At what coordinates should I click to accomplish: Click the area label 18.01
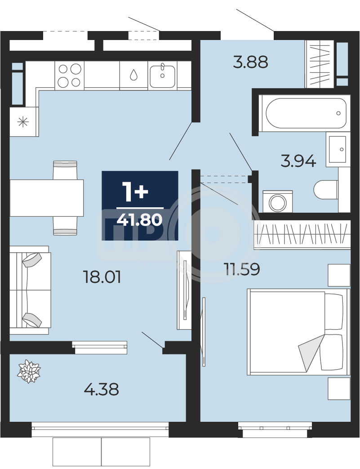tap(102, 277)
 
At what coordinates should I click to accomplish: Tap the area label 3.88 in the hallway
tap(251, 62)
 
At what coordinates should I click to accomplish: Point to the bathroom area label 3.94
tap(298, 161)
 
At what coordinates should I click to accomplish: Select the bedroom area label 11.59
tap(242, 269)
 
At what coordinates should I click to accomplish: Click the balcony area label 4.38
tap(102, 389)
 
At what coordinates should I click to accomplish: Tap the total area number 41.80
tap(140, 220)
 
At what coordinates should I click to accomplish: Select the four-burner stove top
tap(69, 76)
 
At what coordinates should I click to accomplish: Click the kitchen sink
tap(162, 76)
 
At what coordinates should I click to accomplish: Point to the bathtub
tap(304, 113)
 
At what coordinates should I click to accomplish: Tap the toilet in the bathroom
tap(326, 190)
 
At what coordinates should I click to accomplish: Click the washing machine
tap(277, 201)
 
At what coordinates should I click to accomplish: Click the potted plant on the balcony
tap(29, 371)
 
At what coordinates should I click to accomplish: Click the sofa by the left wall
tap(30, 290)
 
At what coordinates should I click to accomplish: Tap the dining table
tap(47, 198)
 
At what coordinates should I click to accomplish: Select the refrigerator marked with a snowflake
tap(23, 122)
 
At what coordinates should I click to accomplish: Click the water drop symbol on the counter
tap(133, 75)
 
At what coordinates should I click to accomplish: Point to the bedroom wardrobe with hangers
tap(302, 234)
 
